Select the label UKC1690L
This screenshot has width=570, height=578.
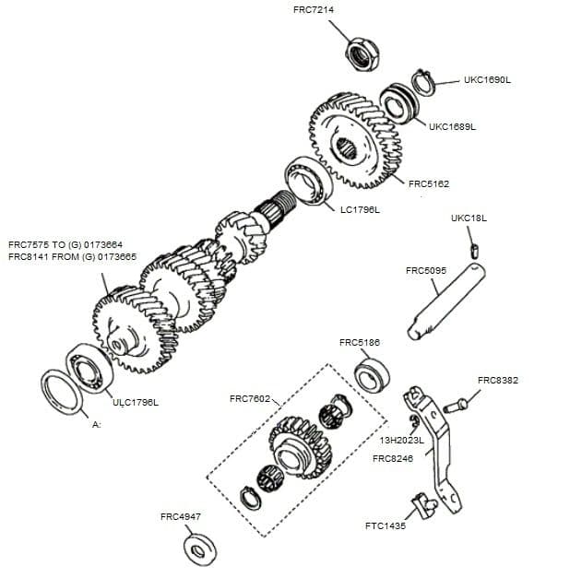tap(487, 80)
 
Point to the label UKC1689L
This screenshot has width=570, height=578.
tap(452, 127)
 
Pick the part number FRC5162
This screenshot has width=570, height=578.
tap(429, 183)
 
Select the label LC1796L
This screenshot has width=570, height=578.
tap(360, 210)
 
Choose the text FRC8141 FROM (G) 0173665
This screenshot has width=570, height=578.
tap(73, 257)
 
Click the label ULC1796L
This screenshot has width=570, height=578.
tap(136, 402)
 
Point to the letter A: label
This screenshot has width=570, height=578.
tap(96, 425)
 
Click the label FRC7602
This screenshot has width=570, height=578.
tap(250, 398)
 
